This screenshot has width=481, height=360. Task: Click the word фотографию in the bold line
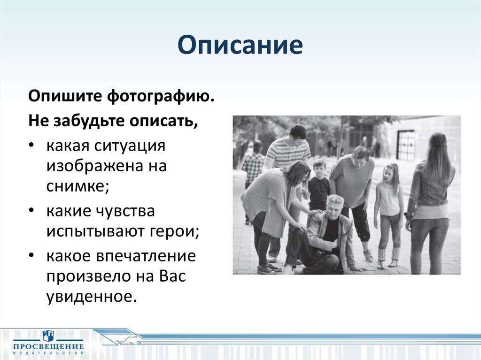tap(161, 97)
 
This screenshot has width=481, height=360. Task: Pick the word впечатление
tap(146, 256)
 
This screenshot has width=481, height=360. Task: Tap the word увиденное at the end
tap(91, 296)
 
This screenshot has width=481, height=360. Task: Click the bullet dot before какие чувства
tap(31, 211)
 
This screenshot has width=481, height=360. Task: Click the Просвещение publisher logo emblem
tap(48, 335)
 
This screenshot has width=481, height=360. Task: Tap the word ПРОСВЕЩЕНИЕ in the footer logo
tap(48, 346)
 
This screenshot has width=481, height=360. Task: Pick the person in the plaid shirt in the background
tap(253, 172)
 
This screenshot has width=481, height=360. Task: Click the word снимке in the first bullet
tap(78, 186)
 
